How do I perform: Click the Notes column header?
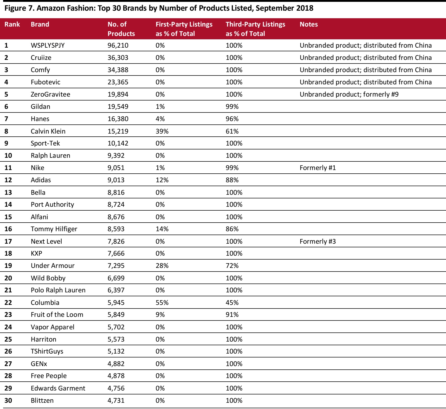309,24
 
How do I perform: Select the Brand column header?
40,24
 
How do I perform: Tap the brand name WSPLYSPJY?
48,46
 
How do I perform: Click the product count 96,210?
118,46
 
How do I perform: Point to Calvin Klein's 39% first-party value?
162,131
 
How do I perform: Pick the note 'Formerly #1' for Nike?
318,168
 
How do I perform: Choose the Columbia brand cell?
45,303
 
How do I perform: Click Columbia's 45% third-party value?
232,303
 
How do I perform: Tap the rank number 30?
8,400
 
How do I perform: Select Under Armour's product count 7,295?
116,266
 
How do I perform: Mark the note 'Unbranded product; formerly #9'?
349,94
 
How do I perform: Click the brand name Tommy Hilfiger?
54,229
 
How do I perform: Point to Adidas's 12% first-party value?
162,180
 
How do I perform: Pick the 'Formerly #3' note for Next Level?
318,241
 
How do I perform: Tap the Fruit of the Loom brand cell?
57,314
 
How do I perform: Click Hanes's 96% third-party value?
232,119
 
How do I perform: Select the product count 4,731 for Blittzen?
116,400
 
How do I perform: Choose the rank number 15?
8,217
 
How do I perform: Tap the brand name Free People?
49,376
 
